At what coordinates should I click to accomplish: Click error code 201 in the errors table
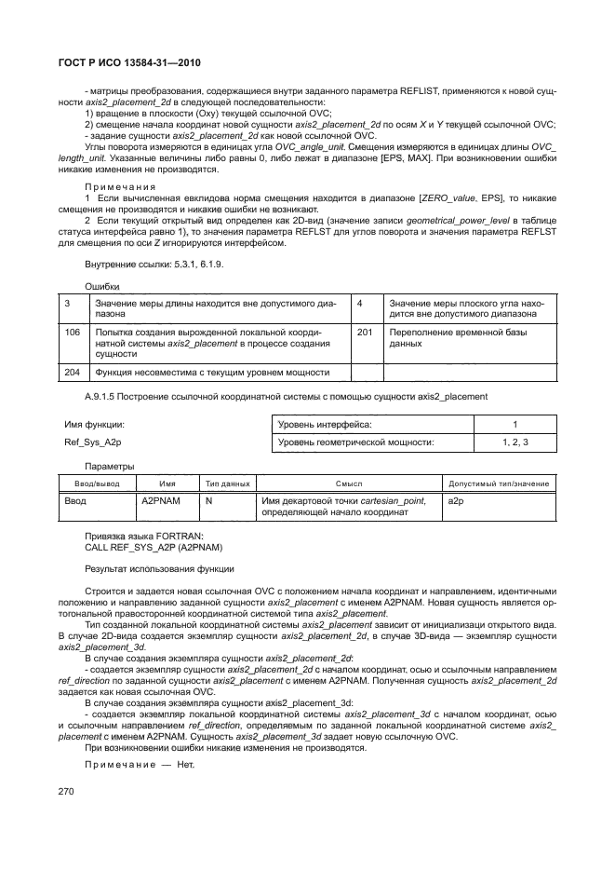tap(366, 331)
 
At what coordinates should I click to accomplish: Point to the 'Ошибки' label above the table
tap(102, 286)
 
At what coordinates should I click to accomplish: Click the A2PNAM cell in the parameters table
tap(154, 501)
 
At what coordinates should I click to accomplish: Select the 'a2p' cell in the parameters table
tap(456, 501)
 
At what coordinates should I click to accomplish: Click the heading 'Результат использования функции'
tap(159, 568)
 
